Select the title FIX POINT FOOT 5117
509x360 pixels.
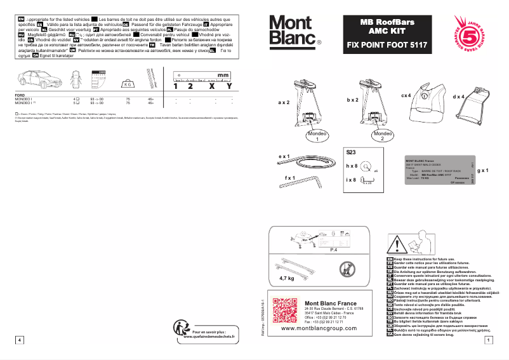387,46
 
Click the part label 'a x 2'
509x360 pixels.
283,102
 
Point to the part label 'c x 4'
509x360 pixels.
406,95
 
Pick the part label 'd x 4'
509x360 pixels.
458,97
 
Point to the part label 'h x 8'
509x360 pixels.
351,166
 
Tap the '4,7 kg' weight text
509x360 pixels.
287,277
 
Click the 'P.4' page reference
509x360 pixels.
334,251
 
